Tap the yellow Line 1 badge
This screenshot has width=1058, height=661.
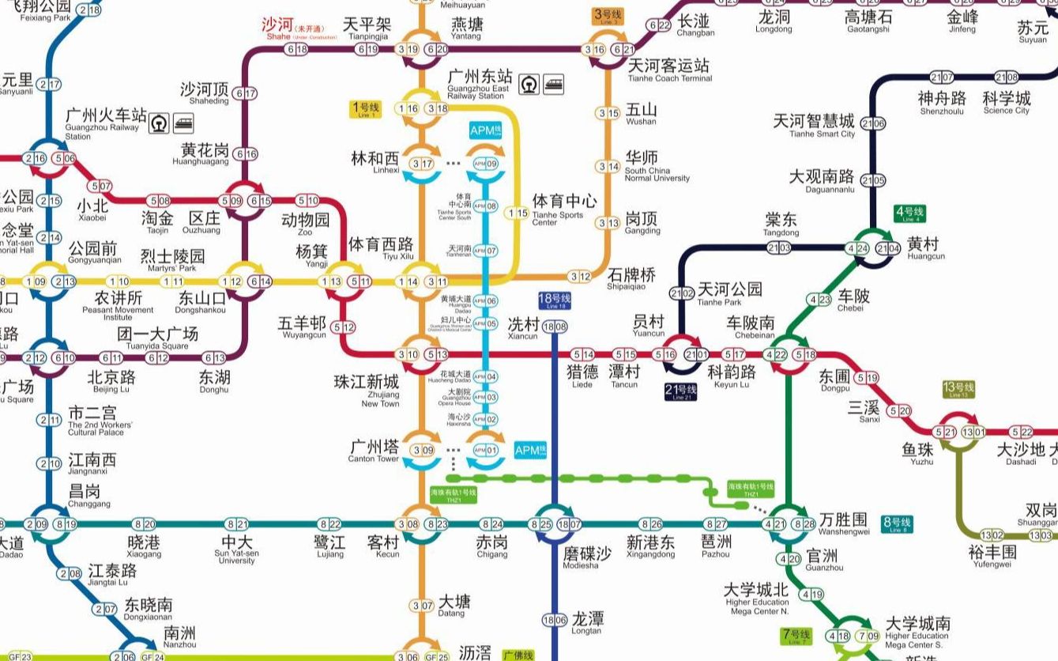[x=366, y=110]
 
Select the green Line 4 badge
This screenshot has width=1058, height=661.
[x=909, y=213]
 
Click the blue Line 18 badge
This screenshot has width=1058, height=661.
[x=554, y=300]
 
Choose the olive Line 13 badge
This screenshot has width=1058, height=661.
[x=958, y=390]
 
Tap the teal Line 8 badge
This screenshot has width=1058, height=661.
[x=896, y=524]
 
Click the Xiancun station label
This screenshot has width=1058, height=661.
[x=522, y=327]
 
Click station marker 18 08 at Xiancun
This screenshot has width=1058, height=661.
[x=554, y=327]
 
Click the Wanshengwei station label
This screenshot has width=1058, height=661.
[x=844, y=523]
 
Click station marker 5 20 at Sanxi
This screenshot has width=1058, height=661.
[x=899, y=410]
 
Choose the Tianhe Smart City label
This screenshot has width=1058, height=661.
[x=813, y=125]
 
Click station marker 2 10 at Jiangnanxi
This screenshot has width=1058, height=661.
[x=49, y=464]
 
